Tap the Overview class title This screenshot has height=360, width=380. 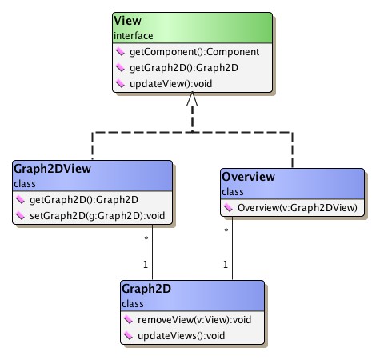(x=247, y=177)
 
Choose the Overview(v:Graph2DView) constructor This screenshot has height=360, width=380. (x=296, y=208)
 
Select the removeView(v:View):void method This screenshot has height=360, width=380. (x=190, y=319)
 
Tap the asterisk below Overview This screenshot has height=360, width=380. (x=228, y=231)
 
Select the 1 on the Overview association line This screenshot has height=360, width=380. (x=226, y=264)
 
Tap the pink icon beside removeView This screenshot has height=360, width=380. (x=130, y=319)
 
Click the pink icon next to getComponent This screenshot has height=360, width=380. (x=121, y=52)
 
